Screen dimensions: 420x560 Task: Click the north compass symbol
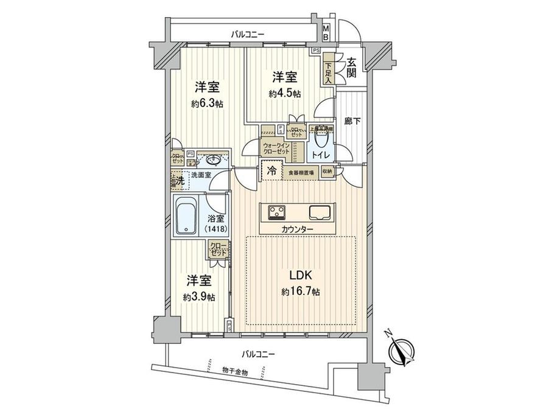pyautogui.click(x=401, y=350)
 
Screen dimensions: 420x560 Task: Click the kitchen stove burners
pyautogui.click(x=278, y=212)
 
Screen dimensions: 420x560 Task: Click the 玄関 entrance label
pyautogui.click(x=352, y=68)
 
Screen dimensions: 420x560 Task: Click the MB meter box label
pyautogui.click(x=326, y=33)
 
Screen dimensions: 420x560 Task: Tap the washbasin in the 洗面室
pyautogui.click(x=213, y=160)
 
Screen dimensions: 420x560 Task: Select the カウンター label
pyautogui.click(x=298, y=229)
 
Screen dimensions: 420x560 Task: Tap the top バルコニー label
pyautogui.click(x=247, y=35)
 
